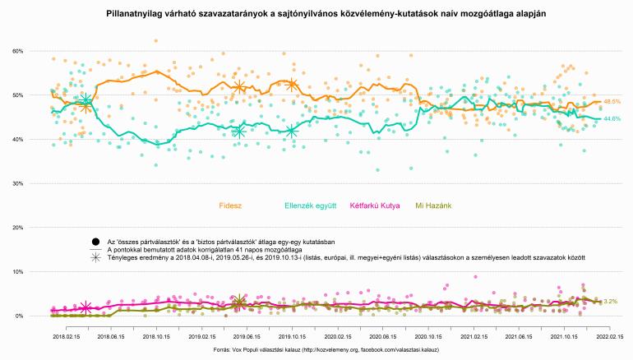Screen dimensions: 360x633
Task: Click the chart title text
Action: click(316, 15)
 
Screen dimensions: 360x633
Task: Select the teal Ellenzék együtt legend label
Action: click(310, 205)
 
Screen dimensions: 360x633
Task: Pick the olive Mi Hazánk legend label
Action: click(437, 205)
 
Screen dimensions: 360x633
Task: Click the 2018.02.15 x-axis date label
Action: click(65, 336)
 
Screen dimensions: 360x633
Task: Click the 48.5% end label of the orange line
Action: click(612, 101)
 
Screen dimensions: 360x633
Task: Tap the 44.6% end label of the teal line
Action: click(612, 119)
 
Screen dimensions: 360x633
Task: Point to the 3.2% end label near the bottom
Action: click(610, 302)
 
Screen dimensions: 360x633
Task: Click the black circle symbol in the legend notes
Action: click(96, 241)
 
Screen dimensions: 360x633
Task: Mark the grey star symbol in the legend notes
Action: click(96, 257)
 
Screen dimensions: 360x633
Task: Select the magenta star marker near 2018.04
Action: click(85, 307)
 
